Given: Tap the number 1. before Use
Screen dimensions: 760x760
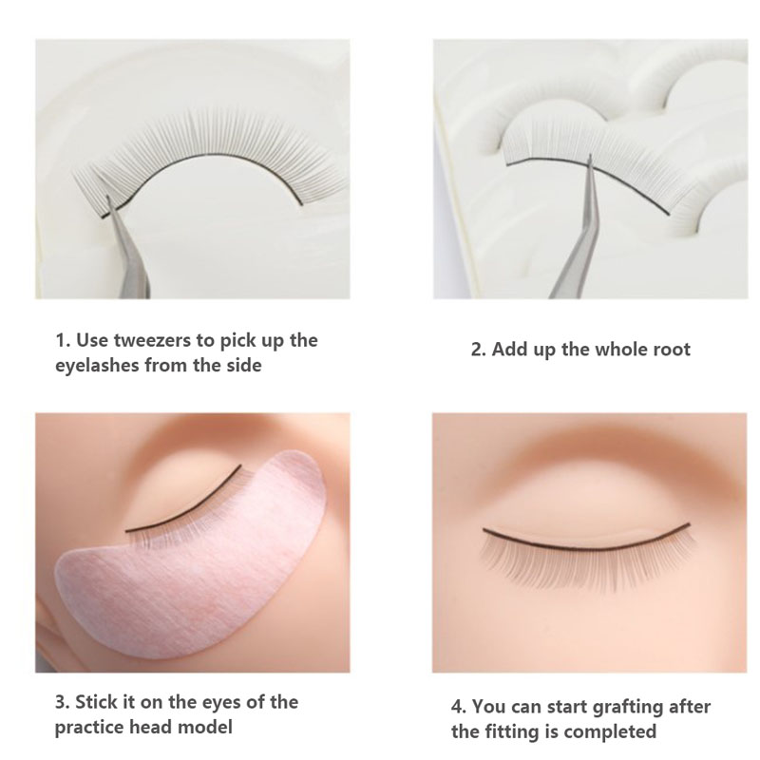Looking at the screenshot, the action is click(63, 340).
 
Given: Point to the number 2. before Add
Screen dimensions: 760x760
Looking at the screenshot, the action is click(479, 349).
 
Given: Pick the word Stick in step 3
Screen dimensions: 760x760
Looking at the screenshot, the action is click(95, 701).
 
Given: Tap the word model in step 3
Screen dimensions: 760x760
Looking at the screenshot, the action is click(205, 727).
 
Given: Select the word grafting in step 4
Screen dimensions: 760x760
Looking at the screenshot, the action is click(628, 707).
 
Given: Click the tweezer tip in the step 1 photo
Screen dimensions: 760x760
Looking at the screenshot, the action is click(108, 198).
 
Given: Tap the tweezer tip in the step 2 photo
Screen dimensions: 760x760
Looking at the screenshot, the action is click(590, 157).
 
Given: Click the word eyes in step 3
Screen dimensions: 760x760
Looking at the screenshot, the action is click(220, 702).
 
